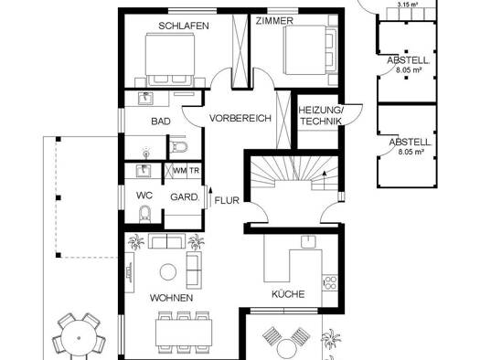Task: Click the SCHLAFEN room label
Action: pyautogui.click(x=184, y=26)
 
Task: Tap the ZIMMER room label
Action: pyautogui.click(x=274, y=21)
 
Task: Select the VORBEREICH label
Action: pyautogui.click(x=240, y=118)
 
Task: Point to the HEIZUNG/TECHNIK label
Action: pyautogui.click(x=320, y=116)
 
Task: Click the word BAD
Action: pyautogui.click(x=161, y=122)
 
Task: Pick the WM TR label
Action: pyautogui.click(x=187, y=171)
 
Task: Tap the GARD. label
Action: pyautogui.click(x=185, y=197)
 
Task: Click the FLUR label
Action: pyautogui.click(x=227, y=201)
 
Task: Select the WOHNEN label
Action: pyautogui.click(x=172, y=298)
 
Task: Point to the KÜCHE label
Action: pyautogui.click(x=288, y=294)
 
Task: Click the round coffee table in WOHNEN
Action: pyautogui.click(x=168, y=272)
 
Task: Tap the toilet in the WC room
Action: pyautogui.click(x=144, y=214)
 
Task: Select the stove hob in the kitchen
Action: pyautogui.click(x=330, y=282)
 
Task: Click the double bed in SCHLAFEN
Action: pyautogui.click(x=170, y=59)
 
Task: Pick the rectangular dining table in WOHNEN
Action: pyautogui.click(x=184, y=333)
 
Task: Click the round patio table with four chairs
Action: pyautogui.click(x=79, y=338)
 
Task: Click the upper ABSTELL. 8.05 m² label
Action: pyautogui.click(x=409, y=65)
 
